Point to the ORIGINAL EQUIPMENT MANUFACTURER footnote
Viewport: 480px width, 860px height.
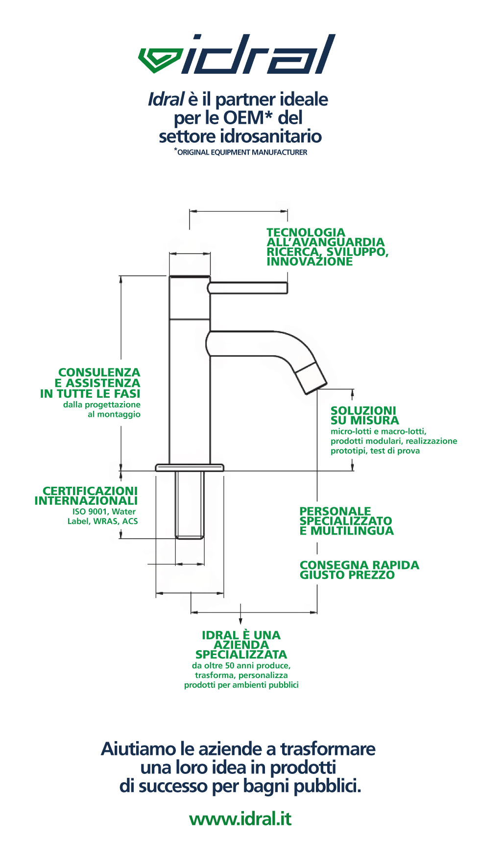(x=240, y=152)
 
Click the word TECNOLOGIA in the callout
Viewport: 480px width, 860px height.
(x=306, y=232)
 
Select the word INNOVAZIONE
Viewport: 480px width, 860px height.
(x=310, y=261)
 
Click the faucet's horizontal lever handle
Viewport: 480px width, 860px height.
(x=248, y=288)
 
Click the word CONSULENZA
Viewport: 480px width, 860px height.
(x=99, y=373)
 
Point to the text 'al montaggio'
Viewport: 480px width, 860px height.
(x=114, y=414)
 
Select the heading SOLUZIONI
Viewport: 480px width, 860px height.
(x=363, y=410)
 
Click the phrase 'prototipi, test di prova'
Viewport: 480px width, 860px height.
(x=375, y=451)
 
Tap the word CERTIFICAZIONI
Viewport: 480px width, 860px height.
(x=90, y=491)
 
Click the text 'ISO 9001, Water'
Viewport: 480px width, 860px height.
(x=104, y=512)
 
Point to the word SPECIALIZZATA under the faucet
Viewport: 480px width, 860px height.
(x=241, y=655)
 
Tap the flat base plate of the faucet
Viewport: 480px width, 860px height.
(x=190, y=468)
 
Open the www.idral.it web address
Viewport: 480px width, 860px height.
(x=240, y=818)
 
